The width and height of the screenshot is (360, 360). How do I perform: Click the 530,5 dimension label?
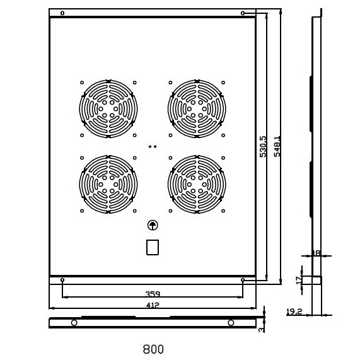[x=263, y=146]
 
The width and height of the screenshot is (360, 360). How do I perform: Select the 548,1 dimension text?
[x=277, y=146]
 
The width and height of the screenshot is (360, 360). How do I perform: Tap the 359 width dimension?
[x=153, y=294]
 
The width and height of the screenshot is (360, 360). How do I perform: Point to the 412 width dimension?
[x=153, y=305]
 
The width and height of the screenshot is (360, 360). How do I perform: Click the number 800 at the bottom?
[x=153, y=349]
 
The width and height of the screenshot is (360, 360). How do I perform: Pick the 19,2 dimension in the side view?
[x=294, y=311]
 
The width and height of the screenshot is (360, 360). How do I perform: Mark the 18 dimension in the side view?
[x=316, y=253]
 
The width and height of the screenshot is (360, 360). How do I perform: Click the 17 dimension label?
[x=299, y=280]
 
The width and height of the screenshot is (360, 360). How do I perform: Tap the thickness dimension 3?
[x=261, y=330]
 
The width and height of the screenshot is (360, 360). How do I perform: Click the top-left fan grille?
[x=108, y=109]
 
